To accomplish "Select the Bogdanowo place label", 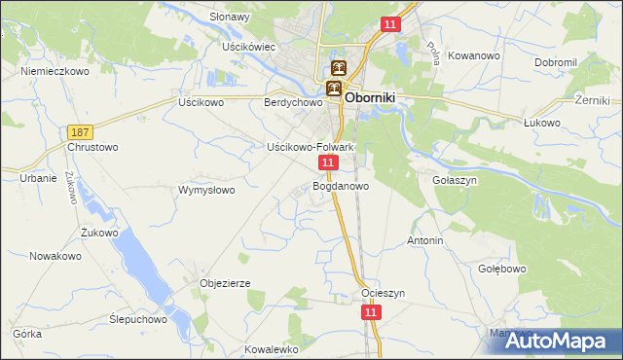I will [x=341, y=186].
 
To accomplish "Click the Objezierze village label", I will [x=225, y=283].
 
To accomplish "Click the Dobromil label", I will [x=556, y=62].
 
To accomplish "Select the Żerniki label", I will [x=592, y=100].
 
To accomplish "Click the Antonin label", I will [x=425, y=240].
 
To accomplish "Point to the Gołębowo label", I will [x=502, y=269].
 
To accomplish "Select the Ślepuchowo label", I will [x=138, y=319].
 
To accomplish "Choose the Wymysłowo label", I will [x=206, y=191].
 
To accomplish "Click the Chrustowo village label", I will [x=92, y=148].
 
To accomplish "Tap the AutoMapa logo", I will [x=557, y=342].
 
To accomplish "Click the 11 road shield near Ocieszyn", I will [x=371, y=311].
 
